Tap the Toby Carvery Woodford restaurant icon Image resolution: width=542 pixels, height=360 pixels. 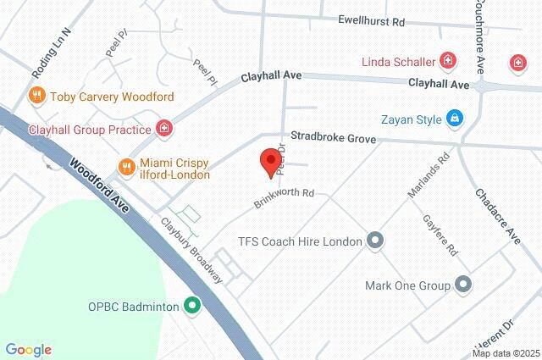(x=36, y=96)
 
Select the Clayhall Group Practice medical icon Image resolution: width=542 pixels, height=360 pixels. (x=164, y=130)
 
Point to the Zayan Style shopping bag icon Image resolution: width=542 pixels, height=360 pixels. (x=455, y=119)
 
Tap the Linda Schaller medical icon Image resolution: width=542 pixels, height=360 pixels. (x=447, y=61)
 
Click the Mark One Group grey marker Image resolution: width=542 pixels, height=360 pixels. (x=462, y=285)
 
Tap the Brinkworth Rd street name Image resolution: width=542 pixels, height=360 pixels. (x=284, y=198)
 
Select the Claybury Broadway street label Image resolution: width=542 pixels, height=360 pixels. (x=192, y=251)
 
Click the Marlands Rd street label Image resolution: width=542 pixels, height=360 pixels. (x=426, y=176)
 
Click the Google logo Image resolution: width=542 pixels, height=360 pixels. (x=28, y=349)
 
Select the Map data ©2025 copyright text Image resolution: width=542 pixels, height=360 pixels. (x=505, y=353)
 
